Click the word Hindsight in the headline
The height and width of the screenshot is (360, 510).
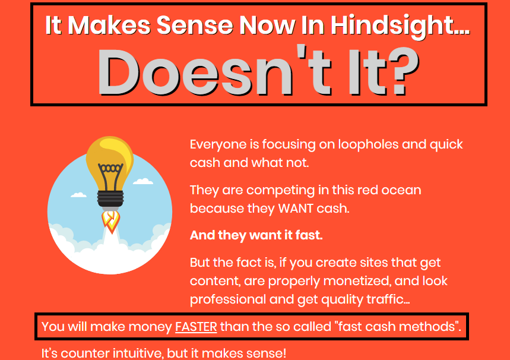pos(400,26)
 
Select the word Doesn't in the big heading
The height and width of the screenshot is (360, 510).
pos(216,72)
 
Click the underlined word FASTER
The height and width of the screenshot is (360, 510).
pos(196,327)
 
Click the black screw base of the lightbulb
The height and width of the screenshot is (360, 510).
pos(110,198)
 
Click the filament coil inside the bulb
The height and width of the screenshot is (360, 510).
pos(110,168)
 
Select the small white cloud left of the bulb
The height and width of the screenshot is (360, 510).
pos(79,195)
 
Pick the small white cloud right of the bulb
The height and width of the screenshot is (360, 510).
pos(143,181)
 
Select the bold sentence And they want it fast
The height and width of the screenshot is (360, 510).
pos(256,235)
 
